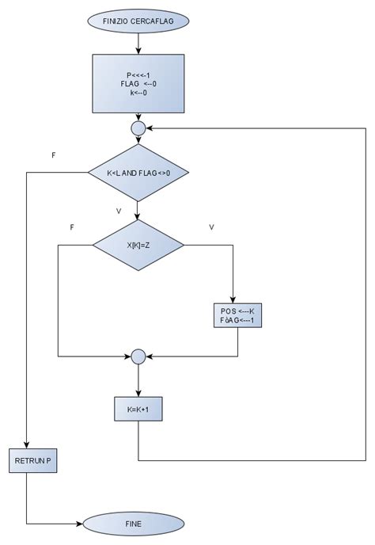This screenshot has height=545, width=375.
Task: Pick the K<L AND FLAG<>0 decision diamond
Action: [x=138, y=172]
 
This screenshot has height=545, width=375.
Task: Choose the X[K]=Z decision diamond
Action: [x=138, y=245]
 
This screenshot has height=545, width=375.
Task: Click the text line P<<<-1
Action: [x=138, y=74]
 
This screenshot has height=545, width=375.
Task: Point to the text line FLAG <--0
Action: [x=138, y=83]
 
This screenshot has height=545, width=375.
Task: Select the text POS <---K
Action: [x=237, y=311]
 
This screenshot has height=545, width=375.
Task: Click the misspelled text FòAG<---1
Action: [x=237, y=321]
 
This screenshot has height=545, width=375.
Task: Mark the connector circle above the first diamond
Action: [x=138, y=127]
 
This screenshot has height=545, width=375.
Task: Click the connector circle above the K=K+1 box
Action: [x=138, y=357]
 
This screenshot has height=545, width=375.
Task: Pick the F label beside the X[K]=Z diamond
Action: [x=72, y=227]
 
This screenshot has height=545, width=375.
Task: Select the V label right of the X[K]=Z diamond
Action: [x=211, y=227]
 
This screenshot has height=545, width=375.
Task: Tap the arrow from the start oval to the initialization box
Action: [x=138, y=42]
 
